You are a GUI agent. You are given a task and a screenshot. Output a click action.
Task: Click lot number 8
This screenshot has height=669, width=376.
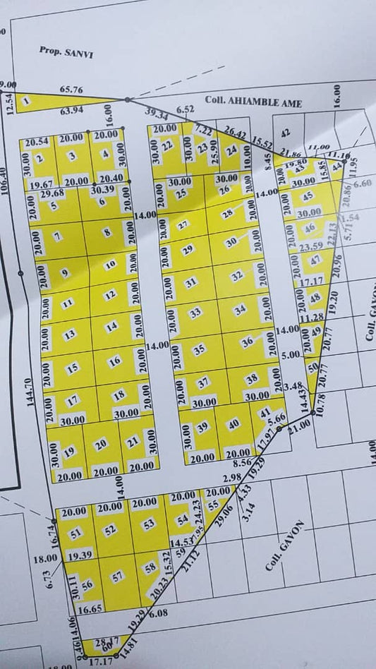tap(107, 231)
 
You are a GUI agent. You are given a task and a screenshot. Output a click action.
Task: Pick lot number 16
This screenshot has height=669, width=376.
tap(115, 361)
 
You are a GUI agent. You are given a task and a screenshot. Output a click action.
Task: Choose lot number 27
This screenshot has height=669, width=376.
tap(183, 225)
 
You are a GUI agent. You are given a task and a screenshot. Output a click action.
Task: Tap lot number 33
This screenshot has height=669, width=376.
tap(195, 312)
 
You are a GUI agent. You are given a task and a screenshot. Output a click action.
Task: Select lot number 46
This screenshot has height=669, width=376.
tap(309, 227)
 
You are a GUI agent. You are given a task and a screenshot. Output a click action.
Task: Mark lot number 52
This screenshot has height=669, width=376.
tap(109, 530)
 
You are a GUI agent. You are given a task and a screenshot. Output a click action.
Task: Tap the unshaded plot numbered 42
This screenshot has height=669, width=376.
tap(286, 133)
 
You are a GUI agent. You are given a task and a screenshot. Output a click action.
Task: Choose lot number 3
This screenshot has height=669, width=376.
tap(71, 157)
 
